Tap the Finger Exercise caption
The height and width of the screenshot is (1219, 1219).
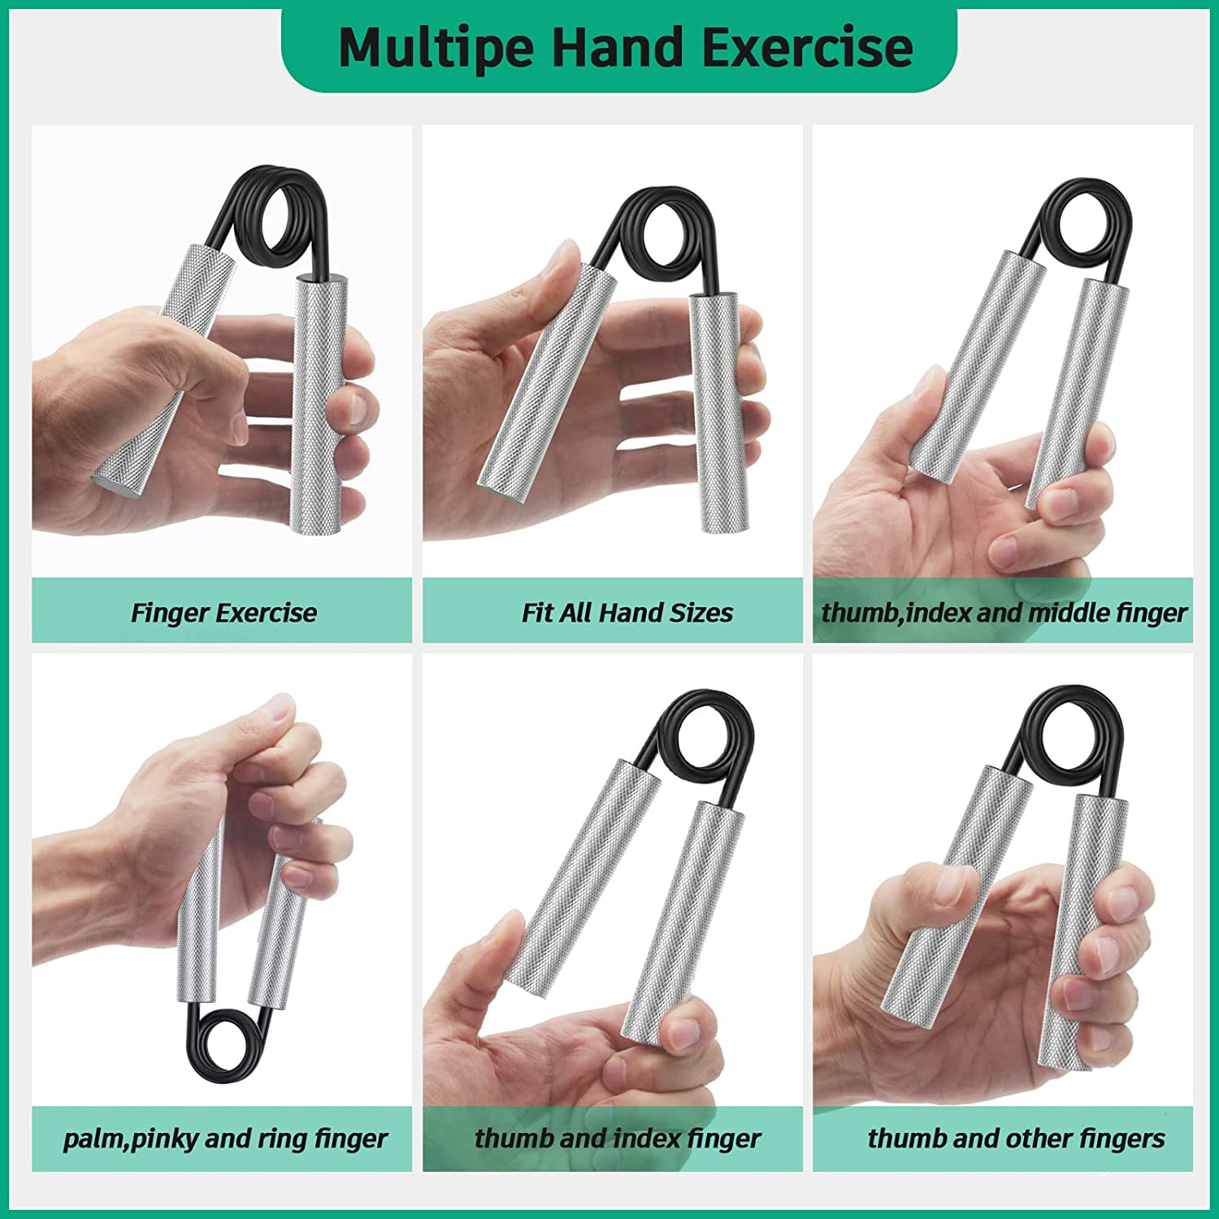223,612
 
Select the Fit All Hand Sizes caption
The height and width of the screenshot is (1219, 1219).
627,612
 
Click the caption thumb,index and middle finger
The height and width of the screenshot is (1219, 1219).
1004,612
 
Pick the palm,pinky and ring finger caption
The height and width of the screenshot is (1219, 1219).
225,1139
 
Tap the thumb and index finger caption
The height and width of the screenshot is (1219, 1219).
618,1139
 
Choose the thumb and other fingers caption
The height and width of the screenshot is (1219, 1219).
1016,1139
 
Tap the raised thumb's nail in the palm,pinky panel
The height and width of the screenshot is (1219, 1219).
280,709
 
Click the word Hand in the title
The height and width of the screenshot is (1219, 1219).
618,47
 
